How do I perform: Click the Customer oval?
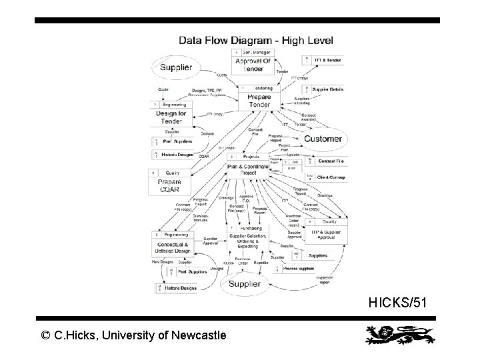tap(323, 139)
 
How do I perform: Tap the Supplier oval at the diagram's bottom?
tap(245, 284)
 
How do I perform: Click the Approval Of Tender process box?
tap(253, 64)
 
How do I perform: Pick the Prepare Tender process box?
tap(258, 101)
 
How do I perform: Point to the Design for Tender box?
tap(171, 116)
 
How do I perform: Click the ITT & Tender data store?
tap(327, 60)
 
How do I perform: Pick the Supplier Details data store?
tap(327, 89)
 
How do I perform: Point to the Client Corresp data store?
tap(329, 177)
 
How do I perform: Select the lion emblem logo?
tap(397, 335)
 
